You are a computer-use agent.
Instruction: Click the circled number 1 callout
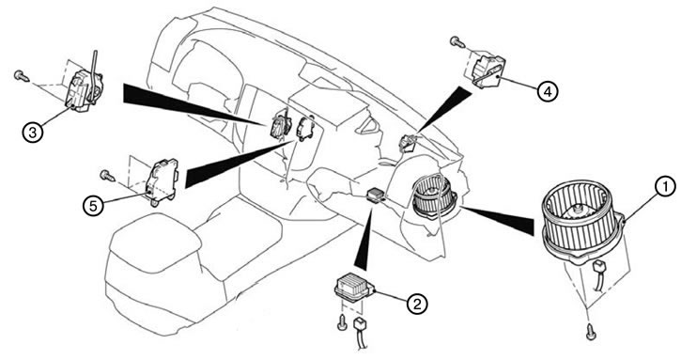[664, 187]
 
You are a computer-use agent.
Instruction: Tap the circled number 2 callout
[417, 304]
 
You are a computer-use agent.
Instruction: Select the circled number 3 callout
[33, 133]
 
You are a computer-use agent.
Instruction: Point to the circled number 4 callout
[548, 91]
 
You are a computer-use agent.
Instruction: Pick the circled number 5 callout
[93, 206]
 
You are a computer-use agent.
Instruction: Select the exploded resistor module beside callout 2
[355, 286]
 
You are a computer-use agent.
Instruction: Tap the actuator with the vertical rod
[85, 87]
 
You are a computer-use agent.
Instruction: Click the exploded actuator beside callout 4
[488, 70]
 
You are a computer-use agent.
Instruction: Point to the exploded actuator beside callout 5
[162, 181]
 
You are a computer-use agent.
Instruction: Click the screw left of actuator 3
[21, 76]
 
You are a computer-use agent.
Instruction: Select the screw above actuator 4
[457, 41]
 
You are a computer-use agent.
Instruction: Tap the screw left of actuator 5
[107, 175]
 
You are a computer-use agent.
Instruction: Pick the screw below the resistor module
[342, 323]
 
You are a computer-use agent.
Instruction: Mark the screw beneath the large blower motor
[591, 332]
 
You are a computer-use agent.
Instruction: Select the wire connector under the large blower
[599, 274]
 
